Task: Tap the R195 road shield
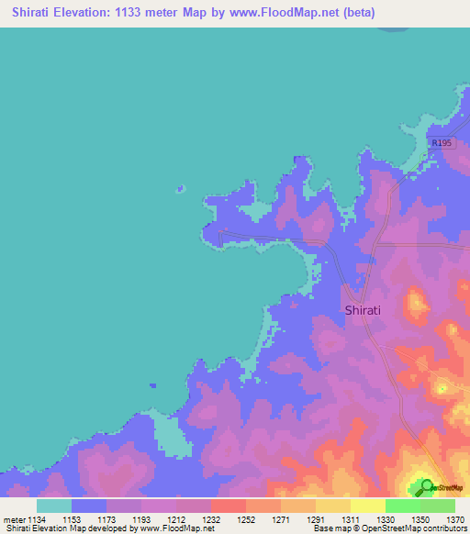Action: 442,143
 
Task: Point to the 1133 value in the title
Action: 143,13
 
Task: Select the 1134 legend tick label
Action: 37,519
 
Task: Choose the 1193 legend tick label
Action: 141,519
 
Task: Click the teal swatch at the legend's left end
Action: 54,506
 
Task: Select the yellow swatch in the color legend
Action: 367,506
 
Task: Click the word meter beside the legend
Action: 14,519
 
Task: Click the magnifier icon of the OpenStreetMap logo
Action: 425,486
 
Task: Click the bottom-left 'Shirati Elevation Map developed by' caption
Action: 64,529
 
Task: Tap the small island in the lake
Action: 180,190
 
